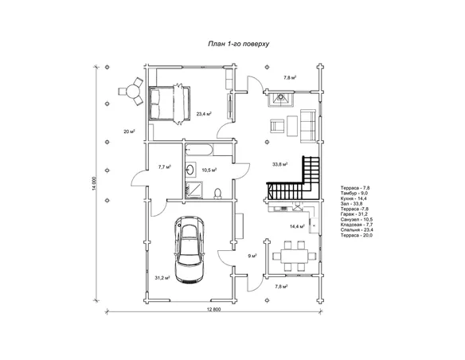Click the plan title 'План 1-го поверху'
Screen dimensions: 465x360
(x=239, y=44)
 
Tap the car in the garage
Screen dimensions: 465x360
(x=190, y=249)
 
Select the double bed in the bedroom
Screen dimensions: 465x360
(x=170, y=104)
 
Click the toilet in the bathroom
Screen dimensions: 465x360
(x=218, y=193)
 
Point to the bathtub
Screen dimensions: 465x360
(x=199, y=150)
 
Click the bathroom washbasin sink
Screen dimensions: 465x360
(x=190, y=170)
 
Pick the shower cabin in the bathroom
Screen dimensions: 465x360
(x=193, y=190)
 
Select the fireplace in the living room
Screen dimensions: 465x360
(x=280, y=99)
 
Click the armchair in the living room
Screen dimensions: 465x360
(x=277, y=126)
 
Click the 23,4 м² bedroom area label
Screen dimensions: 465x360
(x=204, y=114)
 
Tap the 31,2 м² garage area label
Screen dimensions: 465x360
(x=162, y=278)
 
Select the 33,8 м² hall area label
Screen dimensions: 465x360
(x=279, y=164)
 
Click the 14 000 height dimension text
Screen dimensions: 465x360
(x=94, y=183)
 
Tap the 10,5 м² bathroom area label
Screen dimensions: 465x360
(x=209, y=170)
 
